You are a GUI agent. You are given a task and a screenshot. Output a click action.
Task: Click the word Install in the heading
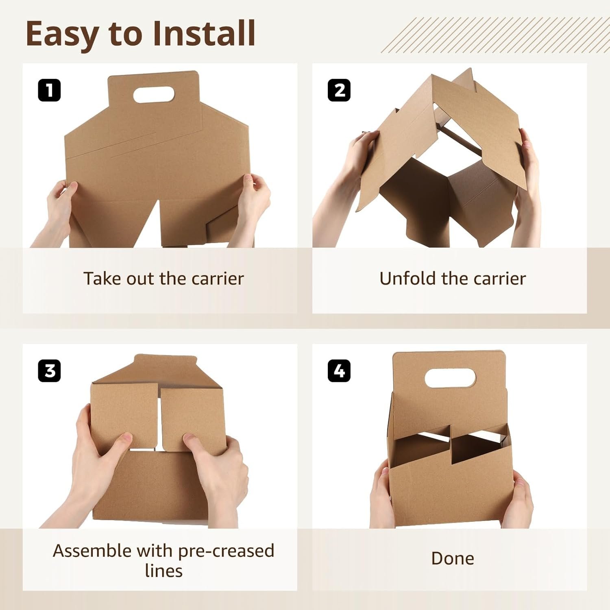tap(204, 33)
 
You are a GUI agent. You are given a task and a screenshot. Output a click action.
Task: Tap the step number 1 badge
tap(49, 90)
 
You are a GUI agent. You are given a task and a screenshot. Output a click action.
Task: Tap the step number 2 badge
tap(339, 90)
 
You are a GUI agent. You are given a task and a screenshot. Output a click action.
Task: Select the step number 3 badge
tap(49, 371)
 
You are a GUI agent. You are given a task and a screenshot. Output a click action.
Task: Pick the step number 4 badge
tap(339, 371)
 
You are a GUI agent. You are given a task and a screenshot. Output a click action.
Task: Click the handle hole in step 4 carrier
tap(450, 378)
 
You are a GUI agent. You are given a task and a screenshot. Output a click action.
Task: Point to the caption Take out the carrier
tap(163, 279)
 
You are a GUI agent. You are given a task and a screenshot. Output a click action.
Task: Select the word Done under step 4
tap(452, 558)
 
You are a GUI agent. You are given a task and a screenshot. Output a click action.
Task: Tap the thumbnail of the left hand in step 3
tap(126, 438)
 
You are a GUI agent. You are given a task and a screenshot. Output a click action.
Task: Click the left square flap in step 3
tap(124, 411)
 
